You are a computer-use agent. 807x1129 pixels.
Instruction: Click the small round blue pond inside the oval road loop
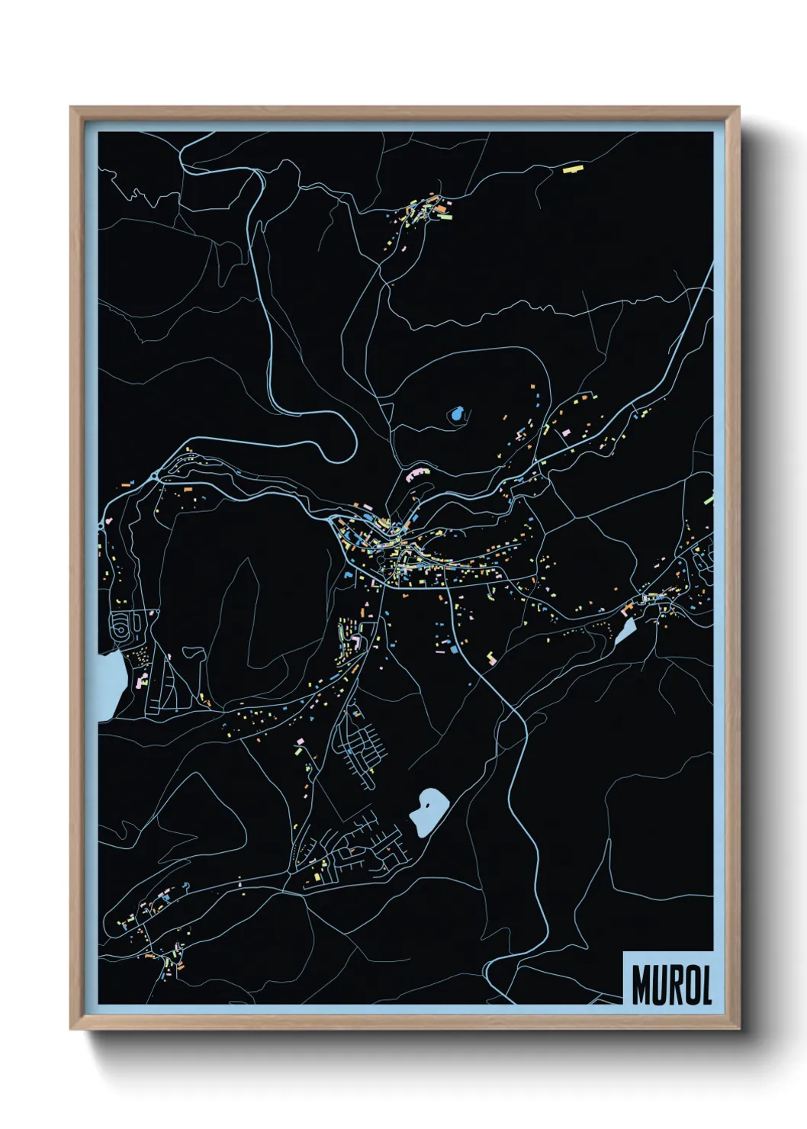tap(456, 415)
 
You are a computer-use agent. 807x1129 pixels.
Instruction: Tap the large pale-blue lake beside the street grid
tap(429, 812)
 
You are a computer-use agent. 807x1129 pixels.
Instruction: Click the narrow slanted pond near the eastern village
tap(625, 632)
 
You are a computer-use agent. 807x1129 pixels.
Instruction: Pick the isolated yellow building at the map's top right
tap(572, 168)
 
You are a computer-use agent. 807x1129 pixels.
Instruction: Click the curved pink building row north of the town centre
tap(417, 474)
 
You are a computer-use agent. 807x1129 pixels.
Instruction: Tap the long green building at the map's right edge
tap(709, 497)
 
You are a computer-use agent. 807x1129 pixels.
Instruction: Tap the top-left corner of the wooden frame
tap(71, 108)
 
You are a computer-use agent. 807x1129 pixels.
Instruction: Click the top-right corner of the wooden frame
tap(738, 108)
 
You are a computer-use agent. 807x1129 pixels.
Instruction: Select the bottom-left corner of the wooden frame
tap(71, 1029)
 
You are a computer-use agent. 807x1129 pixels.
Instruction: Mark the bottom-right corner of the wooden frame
tap(738, 1029)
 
